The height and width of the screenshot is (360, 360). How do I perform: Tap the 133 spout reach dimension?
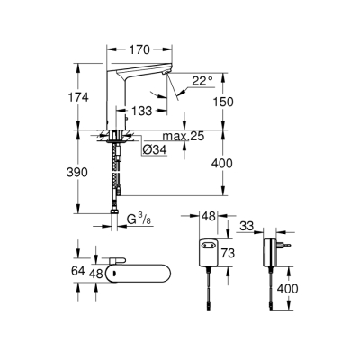pos(139,111)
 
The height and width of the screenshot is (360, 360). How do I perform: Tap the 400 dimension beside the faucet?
pos(232,164)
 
